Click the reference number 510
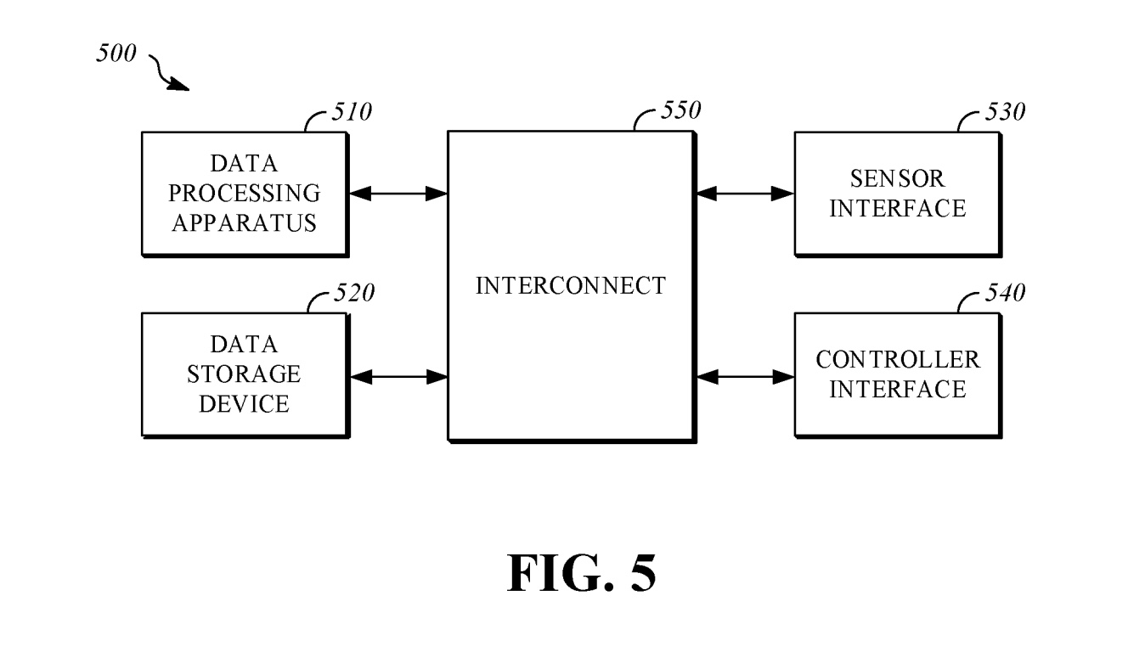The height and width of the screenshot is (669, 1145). point(351,112)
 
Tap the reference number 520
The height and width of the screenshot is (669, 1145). point(353,294)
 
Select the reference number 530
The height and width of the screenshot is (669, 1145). point(1005,112)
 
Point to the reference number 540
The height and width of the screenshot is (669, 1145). point(1005,294)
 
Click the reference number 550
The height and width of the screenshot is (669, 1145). point(680,110)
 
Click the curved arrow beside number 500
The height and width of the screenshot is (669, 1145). point(169,73)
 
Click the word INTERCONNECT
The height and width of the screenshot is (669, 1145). point(571,286)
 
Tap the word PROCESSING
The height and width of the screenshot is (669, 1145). point(245,193)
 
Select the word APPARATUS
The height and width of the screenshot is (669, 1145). point(245,222)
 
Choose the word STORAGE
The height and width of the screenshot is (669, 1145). point(245,374)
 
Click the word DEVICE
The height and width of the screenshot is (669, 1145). point(245,403)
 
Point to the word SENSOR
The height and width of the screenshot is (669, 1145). point(898,178)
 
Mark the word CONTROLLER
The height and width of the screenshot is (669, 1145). point(898,359)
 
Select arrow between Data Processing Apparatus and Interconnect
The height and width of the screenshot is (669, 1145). point(398,194)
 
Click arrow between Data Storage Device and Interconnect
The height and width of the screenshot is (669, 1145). point(398,375)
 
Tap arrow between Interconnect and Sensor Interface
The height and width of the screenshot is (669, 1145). point(745,194)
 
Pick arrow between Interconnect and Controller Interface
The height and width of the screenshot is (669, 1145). point(745,375)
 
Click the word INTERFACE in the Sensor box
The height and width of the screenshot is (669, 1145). point(898,208)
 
